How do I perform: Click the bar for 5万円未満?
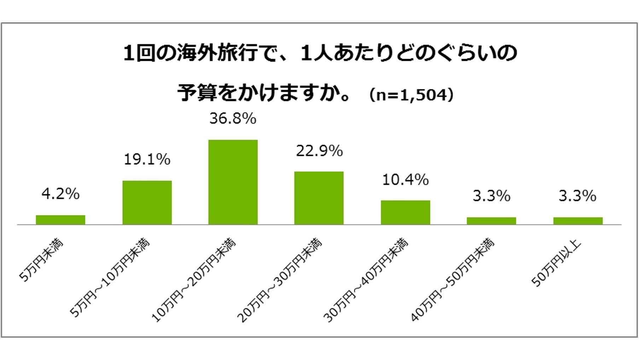tap(60, 220)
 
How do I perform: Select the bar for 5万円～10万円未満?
tap(147, 203)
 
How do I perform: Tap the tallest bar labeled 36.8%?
tap(233, 182)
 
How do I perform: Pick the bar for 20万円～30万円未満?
tap(319, 198)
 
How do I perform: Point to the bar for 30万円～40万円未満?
tap(405, 212)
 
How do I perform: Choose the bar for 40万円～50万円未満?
tap(491, 221)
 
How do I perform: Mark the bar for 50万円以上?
tap(577, 221)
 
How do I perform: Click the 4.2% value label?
tap(60, 194)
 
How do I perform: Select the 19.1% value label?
tap(147, 159)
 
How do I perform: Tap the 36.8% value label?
tap(233, 118)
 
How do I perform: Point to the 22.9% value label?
tap(319, 151)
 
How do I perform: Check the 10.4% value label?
tap(405, 180)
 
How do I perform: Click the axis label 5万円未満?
tap(41, 261)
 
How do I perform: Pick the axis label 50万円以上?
tap(556, 264)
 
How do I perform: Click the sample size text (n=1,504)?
tap(411, 95)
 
